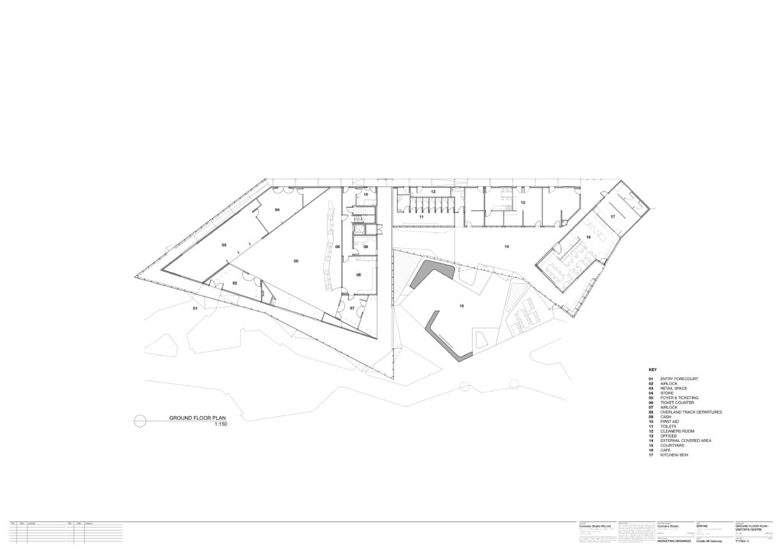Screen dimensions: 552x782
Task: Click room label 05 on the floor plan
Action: point(296,261)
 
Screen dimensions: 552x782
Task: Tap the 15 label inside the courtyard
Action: point(461,306)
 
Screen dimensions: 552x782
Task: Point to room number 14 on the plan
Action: point(506,247)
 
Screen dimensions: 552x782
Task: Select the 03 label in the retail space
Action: point(225,245)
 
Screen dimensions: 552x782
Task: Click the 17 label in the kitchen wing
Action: point(612,217)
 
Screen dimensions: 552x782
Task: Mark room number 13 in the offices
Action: point(523,202)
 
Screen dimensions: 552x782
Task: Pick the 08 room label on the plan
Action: point(358,275)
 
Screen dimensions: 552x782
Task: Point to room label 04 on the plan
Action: point(277,209)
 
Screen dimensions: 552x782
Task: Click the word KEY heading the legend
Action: point(652,370)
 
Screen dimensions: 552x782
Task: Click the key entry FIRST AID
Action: point(671,422)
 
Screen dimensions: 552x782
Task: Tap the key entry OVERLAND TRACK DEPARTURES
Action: point(691,412)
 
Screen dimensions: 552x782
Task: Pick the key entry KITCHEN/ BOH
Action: point(674,457)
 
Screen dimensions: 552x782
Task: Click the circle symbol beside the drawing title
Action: point(139,419)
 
